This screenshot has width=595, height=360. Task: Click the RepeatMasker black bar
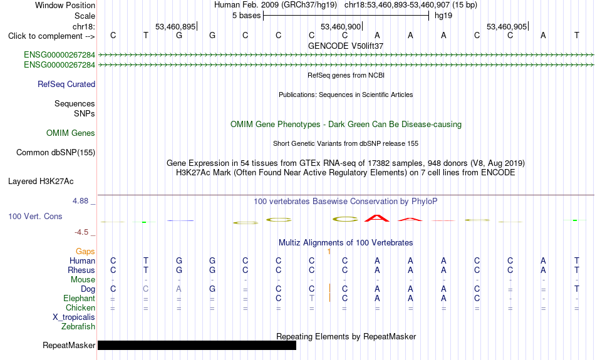(197, 345)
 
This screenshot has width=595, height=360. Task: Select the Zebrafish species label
(78, 327)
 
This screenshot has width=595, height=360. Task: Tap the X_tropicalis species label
(74, 317)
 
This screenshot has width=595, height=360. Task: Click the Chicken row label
(80, 307)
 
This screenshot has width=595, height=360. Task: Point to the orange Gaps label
(85, 251)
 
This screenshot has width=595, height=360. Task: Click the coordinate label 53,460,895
(175, 26)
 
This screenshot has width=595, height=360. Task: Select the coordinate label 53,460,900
(341, 26)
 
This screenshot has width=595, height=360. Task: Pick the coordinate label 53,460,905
(507, 26)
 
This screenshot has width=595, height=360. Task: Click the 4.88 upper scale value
(80, 201)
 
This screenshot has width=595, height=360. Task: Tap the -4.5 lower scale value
(81, 232)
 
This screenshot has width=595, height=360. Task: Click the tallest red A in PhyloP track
(377, 218)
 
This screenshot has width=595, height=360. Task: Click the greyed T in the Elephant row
(311, 298)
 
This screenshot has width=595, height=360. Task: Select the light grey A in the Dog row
(178, 289)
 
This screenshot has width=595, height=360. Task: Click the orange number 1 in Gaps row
(329, 251)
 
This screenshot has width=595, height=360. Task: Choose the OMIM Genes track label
(71, 133)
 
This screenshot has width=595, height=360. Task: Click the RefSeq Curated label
(66, 85)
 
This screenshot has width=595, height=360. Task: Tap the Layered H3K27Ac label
(41, 182)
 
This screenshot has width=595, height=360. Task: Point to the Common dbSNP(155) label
(56, 153)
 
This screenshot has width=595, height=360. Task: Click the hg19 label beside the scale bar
(443, 16)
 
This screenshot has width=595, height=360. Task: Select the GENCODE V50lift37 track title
(346, 46)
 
